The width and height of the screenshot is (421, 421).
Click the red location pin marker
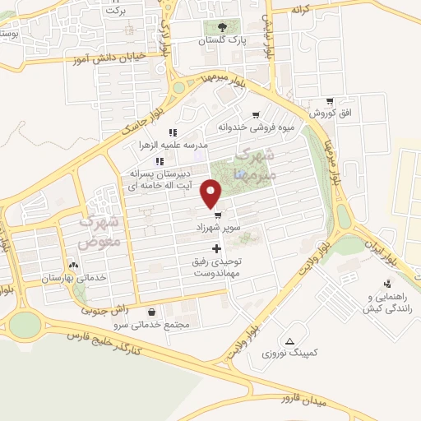click(x=212, y=195)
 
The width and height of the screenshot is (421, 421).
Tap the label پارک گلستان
click(x=226, y=39)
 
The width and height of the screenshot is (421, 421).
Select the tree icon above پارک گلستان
click(x=226, y=26)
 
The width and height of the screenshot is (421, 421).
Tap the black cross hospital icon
click(x=217, y=248)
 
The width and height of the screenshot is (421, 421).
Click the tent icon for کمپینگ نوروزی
click(x=289, y=340)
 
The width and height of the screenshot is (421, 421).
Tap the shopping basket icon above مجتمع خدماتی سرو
click(x=154, y=312)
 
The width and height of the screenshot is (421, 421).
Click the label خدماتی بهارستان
click(x=75, y=278)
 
